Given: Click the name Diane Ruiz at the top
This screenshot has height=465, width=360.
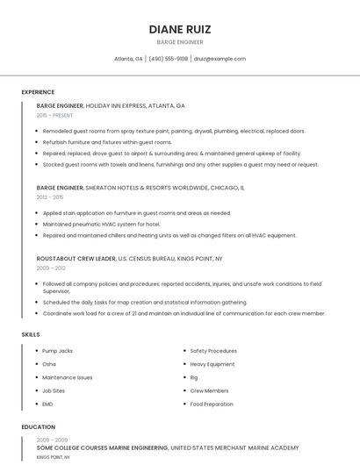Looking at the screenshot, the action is click(180, 29).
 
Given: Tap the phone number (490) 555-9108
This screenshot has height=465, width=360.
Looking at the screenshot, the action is click(168, 59).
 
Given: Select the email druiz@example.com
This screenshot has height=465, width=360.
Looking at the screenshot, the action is click(220, 59).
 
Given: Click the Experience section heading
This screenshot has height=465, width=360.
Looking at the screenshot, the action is click(38, 92).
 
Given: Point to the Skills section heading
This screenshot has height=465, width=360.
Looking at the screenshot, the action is click(31, 334).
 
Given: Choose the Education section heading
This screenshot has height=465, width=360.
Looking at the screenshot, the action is click(38, 427).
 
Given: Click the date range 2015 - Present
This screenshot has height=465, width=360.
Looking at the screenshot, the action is click(55, 116).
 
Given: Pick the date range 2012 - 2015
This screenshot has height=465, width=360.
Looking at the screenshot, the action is click(49, 197).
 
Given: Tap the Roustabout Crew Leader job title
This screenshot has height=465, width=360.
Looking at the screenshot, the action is click(76, 259).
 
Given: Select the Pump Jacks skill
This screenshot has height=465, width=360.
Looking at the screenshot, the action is click(58, 351).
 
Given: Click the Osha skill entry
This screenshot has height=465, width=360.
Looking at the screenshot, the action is click(49, 364).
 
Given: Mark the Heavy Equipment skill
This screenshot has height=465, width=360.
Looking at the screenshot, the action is click(212, 364).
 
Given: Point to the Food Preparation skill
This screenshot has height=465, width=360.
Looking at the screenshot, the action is click(212, 404).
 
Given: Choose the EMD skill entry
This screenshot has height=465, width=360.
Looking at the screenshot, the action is click(48, 404).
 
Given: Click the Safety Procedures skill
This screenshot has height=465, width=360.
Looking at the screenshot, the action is click(213, 351).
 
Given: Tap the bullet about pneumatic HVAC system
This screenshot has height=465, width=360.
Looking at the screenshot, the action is click(101, 224).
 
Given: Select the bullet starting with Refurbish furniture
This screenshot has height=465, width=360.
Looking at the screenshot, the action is click(107, 142).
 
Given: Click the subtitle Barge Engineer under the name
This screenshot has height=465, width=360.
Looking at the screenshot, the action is click(180, 42).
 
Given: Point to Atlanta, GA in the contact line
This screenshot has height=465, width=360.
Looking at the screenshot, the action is click(128, 59).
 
